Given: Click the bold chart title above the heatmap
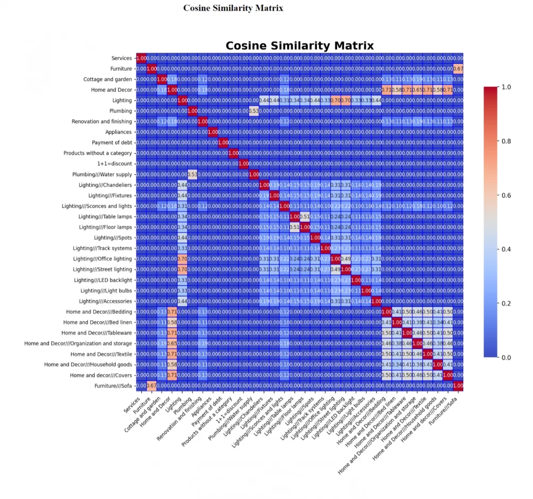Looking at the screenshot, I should click(300, 45).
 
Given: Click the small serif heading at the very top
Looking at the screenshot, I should click(233, 8).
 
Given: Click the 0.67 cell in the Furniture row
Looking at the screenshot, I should click(458, 69).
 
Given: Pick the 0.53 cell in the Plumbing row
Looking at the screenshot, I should click(254, 111).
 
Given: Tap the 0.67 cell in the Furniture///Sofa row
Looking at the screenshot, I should click(151, 386).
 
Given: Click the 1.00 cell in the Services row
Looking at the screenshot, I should click(141, 58).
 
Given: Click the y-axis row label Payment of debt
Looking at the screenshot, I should click(111, 143).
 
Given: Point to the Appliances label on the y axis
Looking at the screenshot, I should click(118, 132).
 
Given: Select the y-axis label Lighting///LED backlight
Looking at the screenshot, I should click(103, 280).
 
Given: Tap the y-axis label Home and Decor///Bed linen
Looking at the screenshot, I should click(99, 322).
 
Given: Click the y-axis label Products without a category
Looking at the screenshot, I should click(98, 153).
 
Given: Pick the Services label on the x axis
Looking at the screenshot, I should click(132, 403).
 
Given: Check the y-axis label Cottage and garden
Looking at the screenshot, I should click(107, 79).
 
